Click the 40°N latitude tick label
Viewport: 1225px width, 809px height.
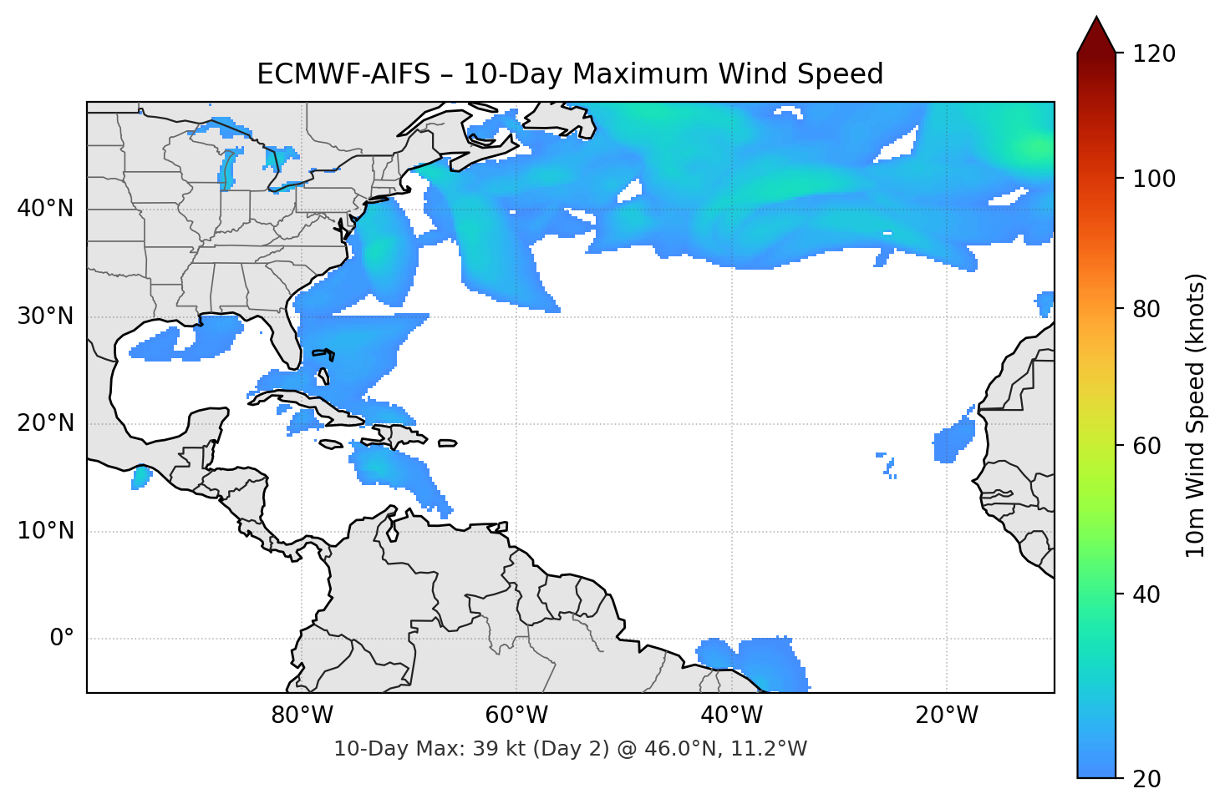(x=45, y=209)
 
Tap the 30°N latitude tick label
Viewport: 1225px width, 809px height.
(x=45, y=316)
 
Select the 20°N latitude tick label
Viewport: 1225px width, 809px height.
(x=45, y=423)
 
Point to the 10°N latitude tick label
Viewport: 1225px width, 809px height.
(x=45, y=531)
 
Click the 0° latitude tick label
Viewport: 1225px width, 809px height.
(x=62, y=639)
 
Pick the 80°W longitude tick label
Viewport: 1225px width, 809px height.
(x=302, y=715)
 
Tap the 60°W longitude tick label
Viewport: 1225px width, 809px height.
(x=516, y=715)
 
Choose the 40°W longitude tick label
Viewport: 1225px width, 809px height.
(x=732, y=715)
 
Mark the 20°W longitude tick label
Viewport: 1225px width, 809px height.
(x=947, y=715)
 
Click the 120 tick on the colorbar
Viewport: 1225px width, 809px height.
(x=1154, y=53)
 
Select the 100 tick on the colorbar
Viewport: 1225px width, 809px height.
(x=1154, y=179)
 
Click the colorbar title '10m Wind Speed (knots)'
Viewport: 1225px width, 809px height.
(x=1196, y=415)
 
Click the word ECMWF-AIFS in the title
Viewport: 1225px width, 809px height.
(x=342, y=74)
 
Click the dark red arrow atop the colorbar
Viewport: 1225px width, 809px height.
(x=1096, y=35)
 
